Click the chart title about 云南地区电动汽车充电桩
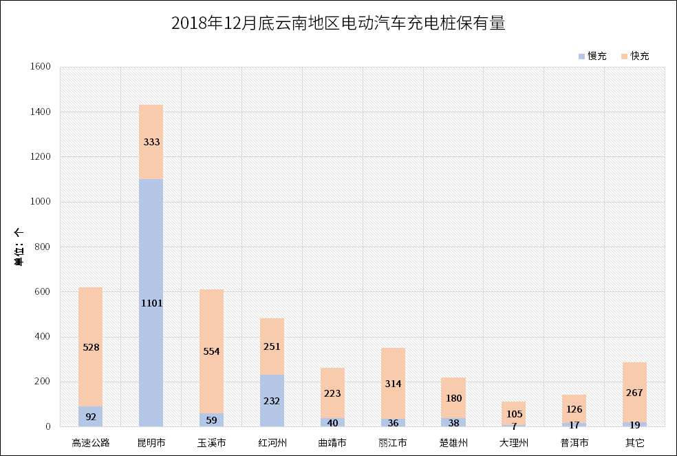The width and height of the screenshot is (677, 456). pyautogui.click(x=338, y=24)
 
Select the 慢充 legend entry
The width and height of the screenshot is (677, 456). pyautogui.click(x=592, y=56)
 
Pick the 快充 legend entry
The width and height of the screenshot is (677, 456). pyautogui.click(x=635, y=56)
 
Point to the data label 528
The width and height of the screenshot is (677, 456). pyautogui.click(x=91, y=347)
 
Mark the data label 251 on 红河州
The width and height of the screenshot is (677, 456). pyautogui.click(x=272, y=346)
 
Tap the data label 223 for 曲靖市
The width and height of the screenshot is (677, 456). pyautogui.click(x=332, y=393)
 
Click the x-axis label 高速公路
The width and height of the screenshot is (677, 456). pyautogui.click(x=91, y=442)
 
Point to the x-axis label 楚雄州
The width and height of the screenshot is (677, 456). pyautogui.click(x=453, y=442)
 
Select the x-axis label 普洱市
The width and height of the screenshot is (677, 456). pyautogui.click(x=574, y=442)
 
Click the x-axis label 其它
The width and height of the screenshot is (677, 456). pyautogui.click(x=634, y=442)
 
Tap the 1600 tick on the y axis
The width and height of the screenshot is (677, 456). pyautogui.click(x=41, y=67)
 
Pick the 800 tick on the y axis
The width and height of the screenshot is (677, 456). pyautogui.click(x=44, y=247)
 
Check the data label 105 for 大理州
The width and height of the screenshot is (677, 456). pyautogui.click(x=514, y=413)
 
